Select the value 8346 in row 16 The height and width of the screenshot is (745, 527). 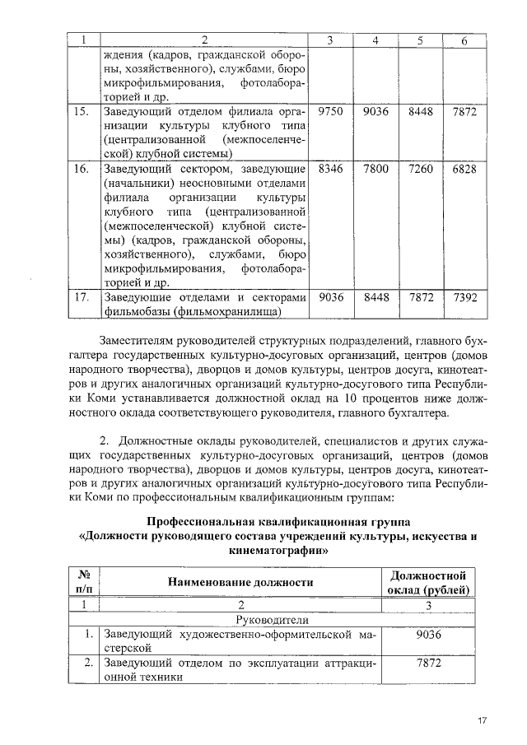point(329,169)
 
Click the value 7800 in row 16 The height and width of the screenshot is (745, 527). point(375,169)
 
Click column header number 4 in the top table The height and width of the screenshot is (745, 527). point(375,41)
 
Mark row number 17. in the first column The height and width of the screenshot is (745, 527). point(81,297)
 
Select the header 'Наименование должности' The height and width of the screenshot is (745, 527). point(240,582)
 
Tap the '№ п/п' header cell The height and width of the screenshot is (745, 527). point(83,582)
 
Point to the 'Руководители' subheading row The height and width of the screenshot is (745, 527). point(272,619)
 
